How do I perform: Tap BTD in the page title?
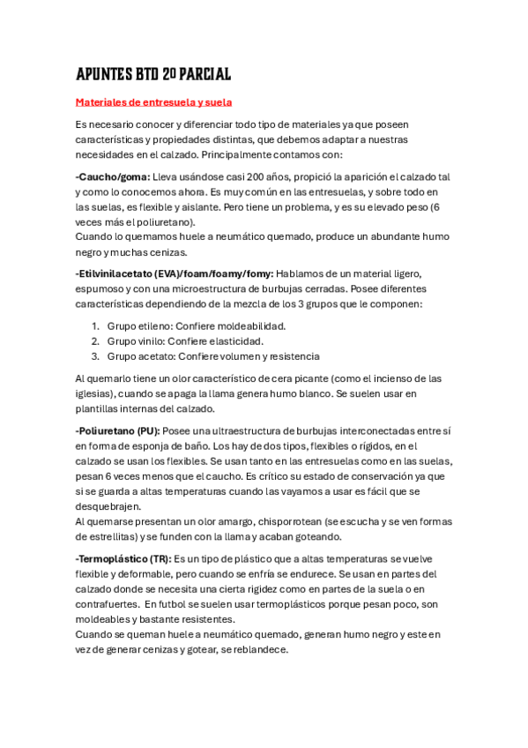tap(137, 74)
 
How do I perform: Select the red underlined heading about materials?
tap(153, 102)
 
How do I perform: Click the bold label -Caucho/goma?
tap(113, 176)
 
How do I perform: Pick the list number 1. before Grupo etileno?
tap(95, 325)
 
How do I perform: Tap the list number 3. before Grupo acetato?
tap(95, 356)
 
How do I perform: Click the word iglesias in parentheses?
tap(98, 393)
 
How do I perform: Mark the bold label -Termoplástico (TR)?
tap(123, 559)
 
